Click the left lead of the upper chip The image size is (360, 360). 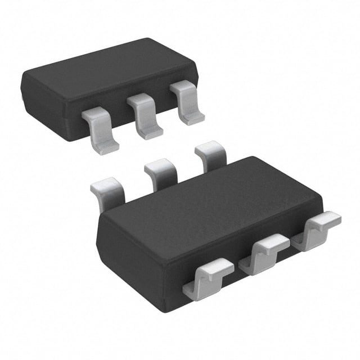click(x=100, y=130)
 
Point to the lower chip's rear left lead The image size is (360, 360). click(x=108, y=191)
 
